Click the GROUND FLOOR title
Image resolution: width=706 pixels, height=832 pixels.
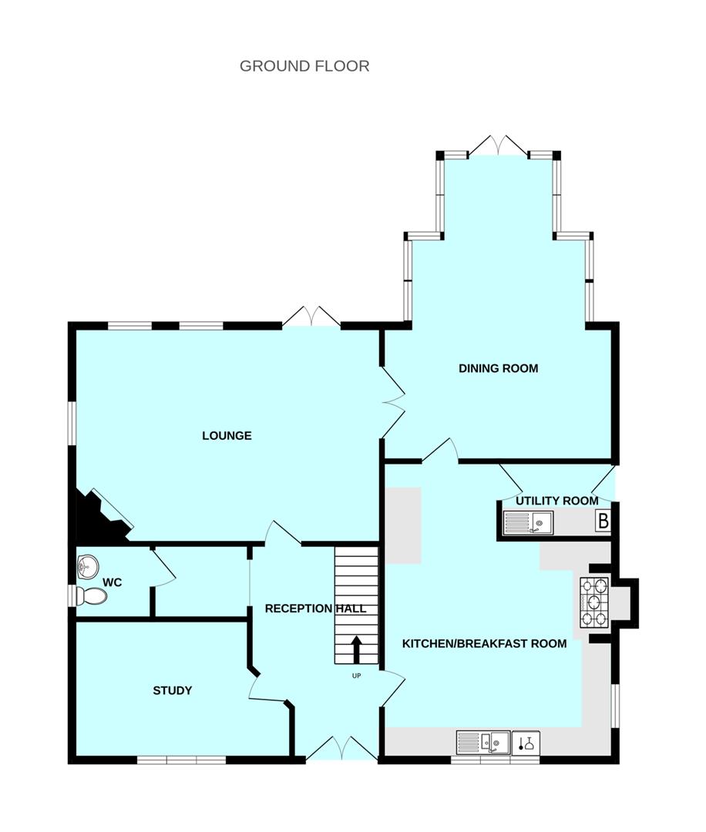click(x=304, y=65)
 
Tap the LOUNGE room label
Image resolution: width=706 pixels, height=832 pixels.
click(x=227, y=435)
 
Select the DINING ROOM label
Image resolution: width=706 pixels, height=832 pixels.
click(x=498, y=368)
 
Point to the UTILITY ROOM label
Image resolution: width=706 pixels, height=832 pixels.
click(x=556, y=501)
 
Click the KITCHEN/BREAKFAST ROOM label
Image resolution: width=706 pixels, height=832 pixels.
click(x=485, y=643)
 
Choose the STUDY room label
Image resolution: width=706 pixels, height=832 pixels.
click(x=172, y=690)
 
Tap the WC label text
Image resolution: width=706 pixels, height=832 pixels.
click(x=113, y=582)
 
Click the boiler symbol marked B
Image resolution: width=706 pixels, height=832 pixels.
click(x=603, y=522)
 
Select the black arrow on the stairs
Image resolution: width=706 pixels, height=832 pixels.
click(x=356, y=649)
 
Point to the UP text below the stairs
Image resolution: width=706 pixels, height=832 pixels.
click(x=356, y=676)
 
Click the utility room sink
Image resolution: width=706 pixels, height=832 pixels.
click(x=528, y=523)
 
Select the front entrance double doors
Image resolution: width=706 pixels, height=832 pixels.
click(x=341, y=747)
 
